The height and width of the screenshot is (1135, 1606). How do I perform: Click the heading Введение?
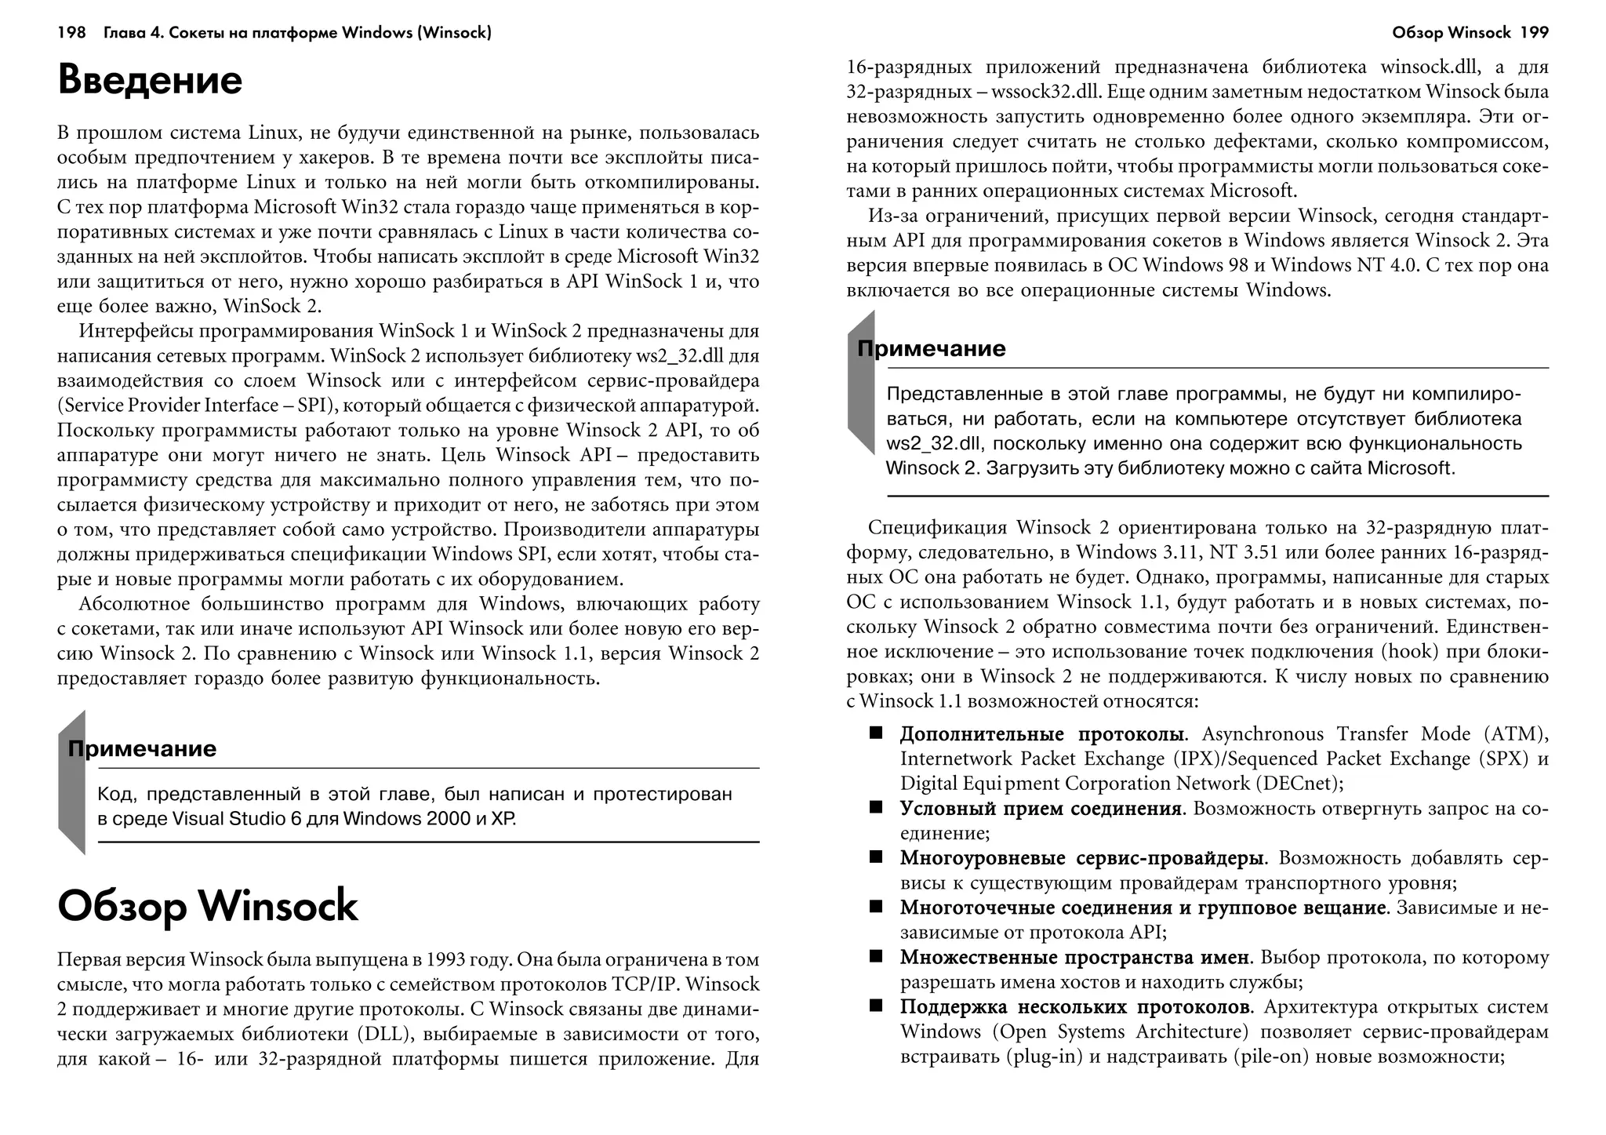tap(150, 81)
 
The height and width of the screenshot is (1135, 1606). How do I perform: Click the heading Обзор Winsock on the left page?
tap(208, 907)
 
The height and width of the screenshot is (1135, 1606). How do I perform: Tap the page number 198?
tap(71, 33)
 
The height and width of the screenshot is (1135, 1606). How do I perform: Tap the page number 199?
tap(1533, 33)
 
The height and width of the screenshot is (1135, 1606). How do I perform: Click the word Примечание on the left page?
tap(142, 748)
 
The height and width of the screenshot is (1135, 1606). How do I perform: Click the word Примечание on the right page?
tap(932, 348)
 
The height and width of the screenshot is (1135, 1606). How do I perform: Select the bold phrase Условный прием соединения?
tap(1041, 808)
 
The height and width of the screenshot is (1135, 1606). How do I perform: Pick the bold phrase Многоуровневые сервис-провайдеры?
tap(1081, 858)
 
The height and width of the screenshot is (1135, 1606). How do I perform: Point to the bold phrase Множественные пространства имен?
tap(1074, 957)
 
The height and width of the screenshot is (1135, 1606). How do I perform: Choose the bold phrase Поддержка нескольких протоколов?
tap(1074, 1006)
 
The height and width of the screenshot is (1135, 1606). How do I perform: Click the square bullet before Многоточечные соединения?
tap(875, 907)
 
